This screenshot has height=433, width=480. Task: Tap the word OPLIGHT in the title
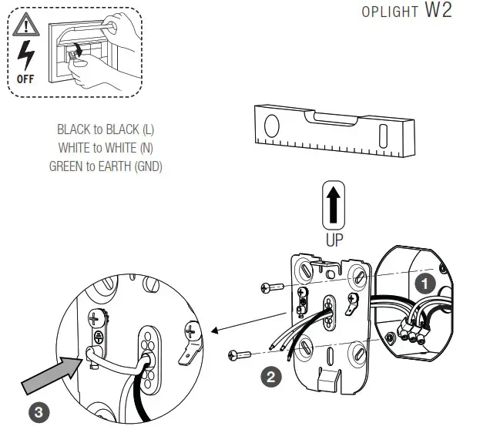[x=389, y=15]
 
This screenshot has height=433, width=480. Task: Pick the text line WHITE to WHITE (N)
[x=106, y=147]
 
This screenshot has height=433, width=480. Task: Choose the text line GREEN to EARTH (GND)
[x=106, y=166]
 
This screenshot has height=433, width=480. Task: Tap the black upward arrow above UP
[x=334, y=206]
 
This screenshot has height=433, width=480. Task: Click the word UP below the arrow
[x=334, y=240]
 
